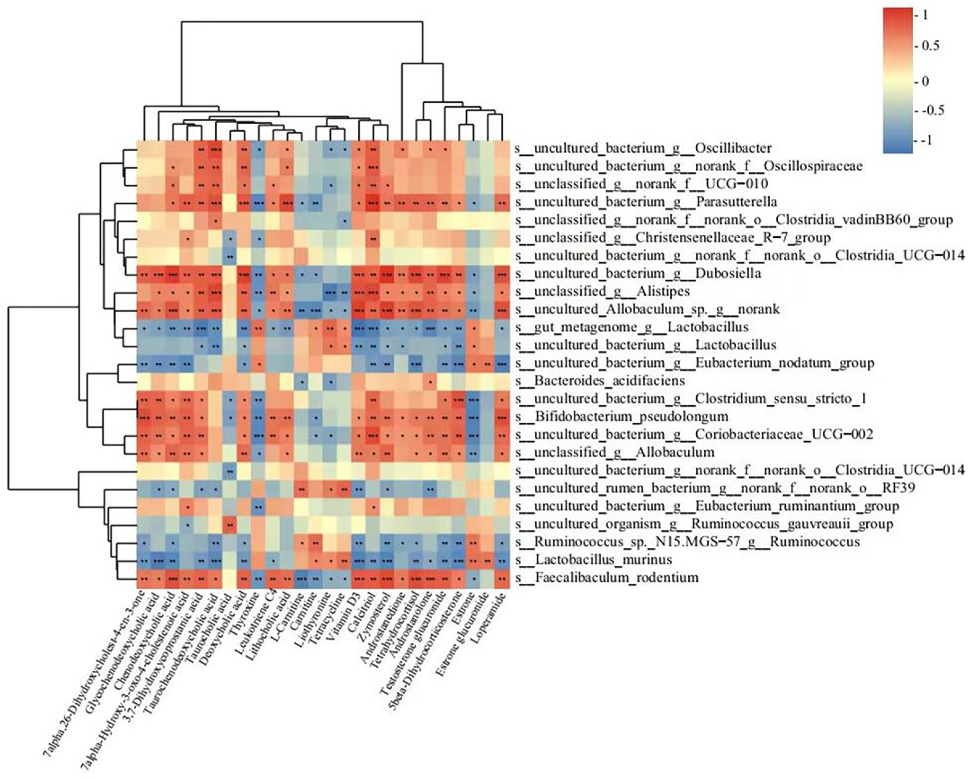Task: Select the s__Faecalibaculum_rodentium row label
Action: pyautogui.click(x=608, y=577)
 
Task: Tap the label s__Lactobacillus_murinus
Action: pyautogui.click(x=594, y=560)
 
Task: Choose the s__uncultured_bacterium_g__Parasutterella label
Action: pyautogui.click(x=647, y=202)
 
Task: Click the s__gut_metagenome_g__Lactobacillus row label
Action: pyautogui.click(x=632, y=327)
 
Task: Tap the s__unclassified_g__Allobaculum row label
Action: pyautogui.click(x=615, y=452)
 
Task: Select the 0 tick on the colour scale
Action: pyautogui.click(x=924, y=81)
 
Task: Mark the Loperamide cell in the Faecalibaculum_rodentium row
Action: pyautogui.click(x=502, y=577)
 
